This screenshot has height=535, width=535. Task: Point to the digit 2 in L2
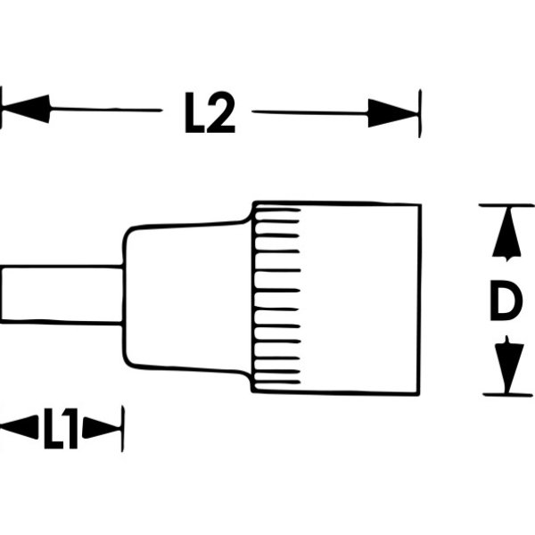[220, 113]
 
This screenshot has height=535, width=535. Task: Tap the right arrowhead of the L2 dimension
[393, 112]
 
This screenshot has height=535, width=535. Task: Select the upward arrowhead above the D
[506, 235]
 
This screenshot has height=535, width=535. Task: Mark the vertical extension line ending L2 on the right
[419, 112]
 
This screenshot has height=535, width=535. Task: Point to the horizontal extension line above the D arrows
[504, 205]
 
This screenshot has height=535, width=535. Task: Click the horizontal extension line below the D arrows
[504, 393]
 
